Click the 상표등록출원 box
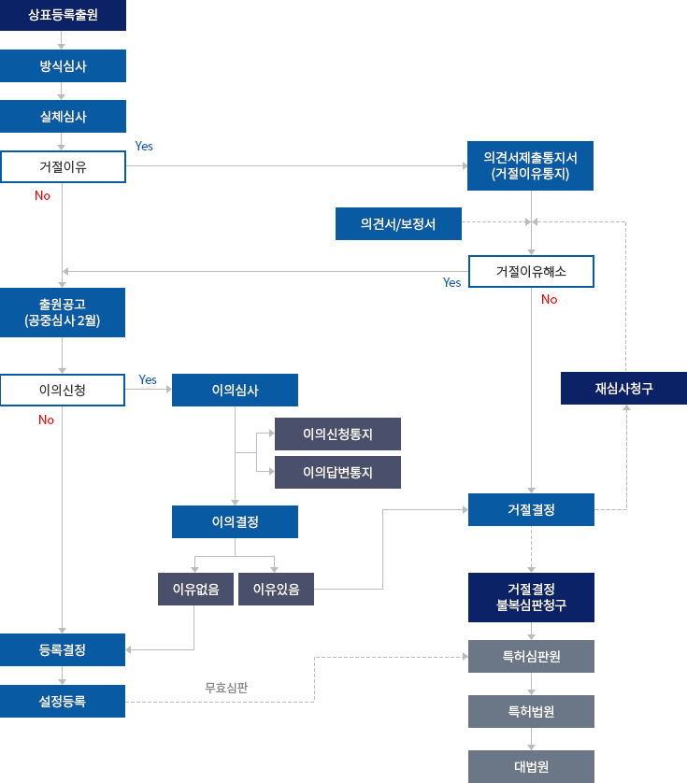click(x=63, y=15)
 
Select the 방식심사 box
click(x=63, y=66)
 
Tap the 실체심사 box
click(x=63, y=117)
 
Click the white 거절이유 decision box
click(x=63, y=166)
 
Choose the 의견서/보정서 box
click(x=398, y=223)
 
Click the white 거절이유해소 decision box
click(x=530, y=271)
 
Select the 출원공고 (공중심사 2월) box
click(x=63, y=312)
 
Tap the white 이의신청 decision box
click(x=63, y=390)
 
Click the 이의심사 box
click(x=235, y=390)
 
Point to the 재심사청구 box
click(x=623, y=388)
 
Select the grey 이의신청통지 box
click(x=337, y=434)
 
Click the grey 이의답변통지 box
click(x=337, y=472)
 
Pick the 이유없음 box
click(x=195, y=589)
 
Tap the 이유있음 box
click(x=276, y=589)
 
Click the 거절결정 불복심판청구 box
click(x=530, y=597)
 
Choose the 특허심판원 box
click(x=530, y=656)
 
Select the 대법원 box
click(x=530, y=766)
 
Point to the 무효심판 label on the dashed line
click(x=226, y=688)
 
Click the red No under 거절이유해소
click(x=549, y=299)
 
